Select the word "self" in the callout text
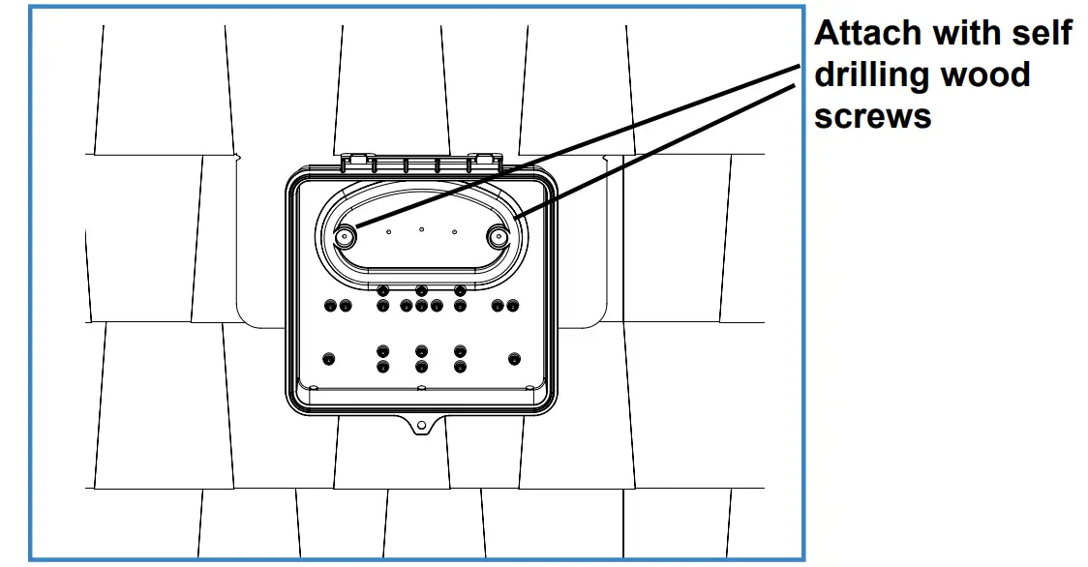click(x=1038, y=34)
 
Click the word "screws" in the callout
click(x=872, y=116)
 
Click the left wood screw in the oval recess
click(x=345, y=236)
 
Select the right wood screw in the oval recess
click(x=499, y=236)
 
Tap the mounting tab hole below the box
click(x=421, y=425)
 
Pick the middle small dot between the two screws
click(x=421, y=229)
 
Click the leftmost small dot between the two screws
click(x=387, y=232)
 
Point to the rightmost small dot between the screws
click(x=454, y=232)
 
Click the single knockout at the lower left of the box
click(x=329, y=359)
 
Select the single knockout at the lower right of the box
click(x=513, y=359)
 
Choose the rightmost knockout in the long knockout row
click(x=512, y=306)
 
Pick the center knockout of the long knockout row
click(x=421, y=306)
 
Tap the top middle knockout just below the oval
click(x=421, y=290)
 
